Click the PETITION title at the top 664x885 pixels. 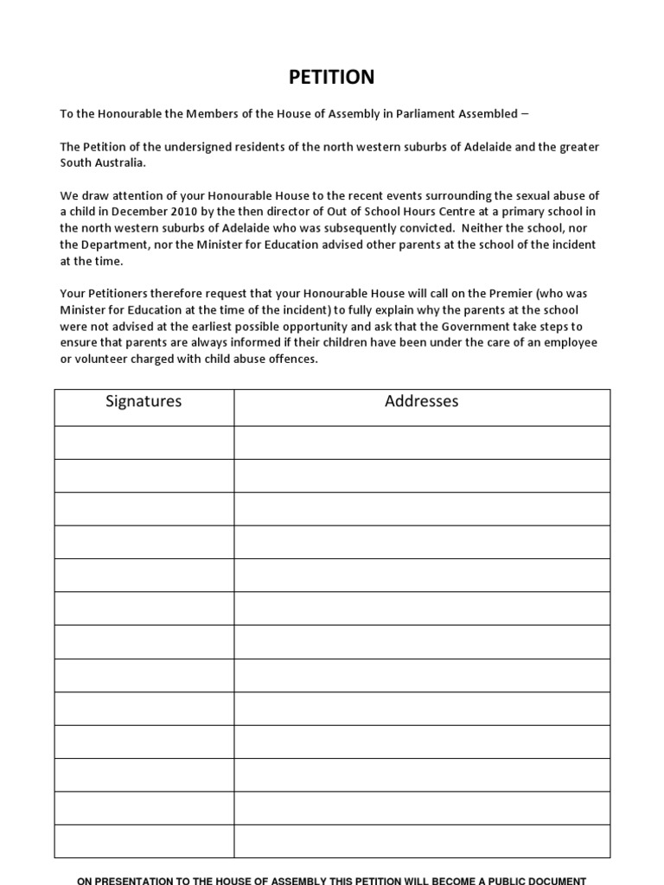pyautogui.click(x=332, y=77)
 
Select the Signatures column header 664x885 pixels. pyautogui.click(x=144, y=401)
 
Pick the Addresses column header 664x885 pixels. pyautogui.click(x=421, y=401)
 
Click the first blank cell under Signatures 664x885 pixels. pyautogui.click(x=144, y=442)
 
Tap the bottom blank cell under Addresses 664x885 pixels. pyautogui.click(x=421, y=842)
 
